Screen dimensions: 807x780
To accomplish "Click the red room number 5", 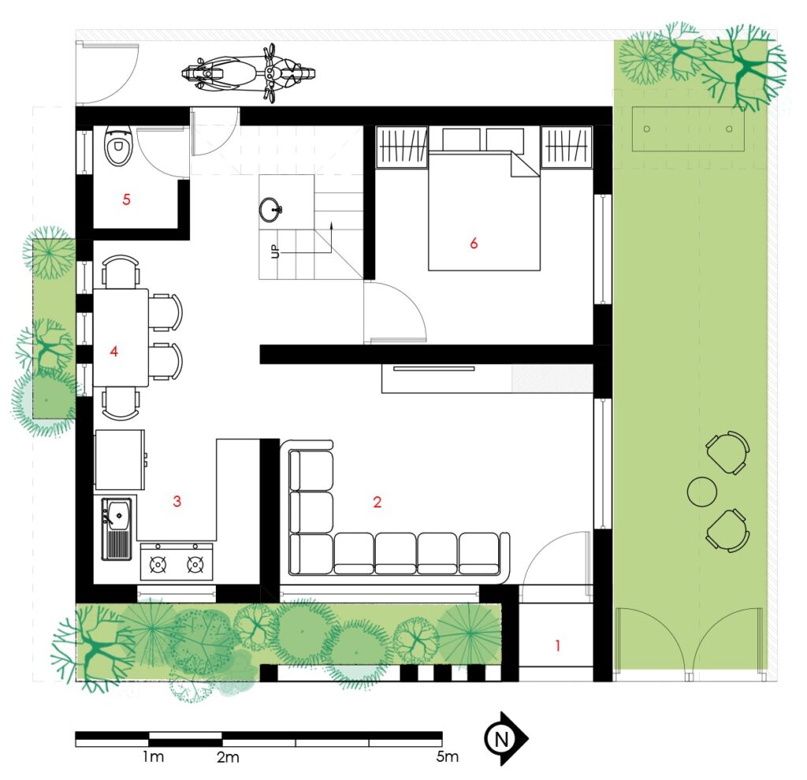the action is pyautogui.click(x=126, y=200).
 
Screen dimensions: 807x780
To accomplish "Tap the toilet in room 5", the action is pyautogui.click(x=118, y=147).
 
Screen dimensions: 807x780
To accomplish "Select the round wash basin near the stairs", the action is pyautogui.click(x=270, y=209).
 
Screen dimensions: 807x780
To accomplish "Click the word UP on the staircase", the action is pyautogui.click(x=275, y=251).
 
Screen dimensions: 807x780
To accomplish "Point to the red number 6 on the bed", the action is pyautogui.click(x=474, y=243).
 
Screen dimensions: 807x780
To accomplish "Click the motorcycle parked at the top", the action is pyautogui.click(x=248, y=73).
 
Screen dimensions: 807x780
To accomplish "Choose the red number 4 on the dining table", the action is pyautogui.click(x=113, y=352).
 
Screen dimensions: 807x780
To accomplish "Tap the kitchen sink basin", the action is pyautogui.click(x=119, y=513).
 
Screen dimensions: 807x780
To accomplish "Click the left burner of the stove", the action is pyautogui.click(x=158, y=565).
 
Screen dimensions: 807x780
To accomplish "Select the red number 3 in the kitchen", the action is pyautogui.click(x=177, y=502).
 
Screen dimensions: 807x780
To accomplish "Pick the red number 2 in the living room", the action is pyautogui.click(x=377, y=502).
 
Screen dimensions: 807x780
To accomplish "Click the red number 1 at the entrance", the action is pyautogui.click(x=557, y=645).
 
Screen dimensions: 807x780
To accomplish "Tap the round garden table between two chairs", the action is pyautogui.click(x=702, y=491).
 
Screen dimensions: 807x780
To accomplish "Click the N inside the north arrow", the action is pyautogui.click(x=500, y=739).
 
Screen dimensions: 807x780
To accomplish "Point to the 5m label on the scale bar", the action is pyautogui.click(x=448, y=757).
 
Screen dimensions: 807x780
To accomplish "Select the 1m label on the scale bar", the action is pyautogui.click(x=153, y=757).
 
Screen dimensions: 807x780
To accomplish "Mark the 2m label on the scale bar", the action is pyautogui.click(x=228, y=757).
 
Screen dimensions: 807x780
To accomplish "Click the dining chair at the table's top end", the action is pyautogui.click(x=121, y=271).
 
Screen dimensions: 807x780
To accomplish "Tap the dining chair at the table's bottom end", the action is pyautogui.click(x=121, y=404).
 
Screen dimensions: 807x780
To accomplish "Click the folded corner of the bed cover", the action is pyautogui.click(x=524, y=164).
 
